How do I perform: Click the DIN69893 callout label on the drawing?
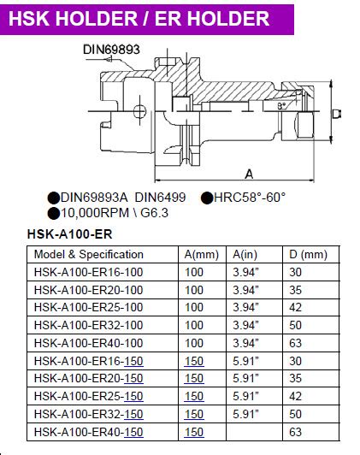click(111, 50)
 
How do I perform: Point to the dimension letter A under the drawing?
click(249, 174)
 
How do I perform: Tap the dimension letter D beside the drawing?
click(337, 114)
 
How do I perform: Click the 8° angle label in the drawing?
click(281, 106)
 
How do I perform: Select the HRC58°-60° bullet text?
click(250, 198)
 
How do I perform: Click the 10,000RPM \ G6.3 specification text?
click(115, 213)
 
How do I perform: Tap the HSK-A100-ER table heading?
click(69, 234)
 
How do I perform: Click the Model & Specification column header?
click(89, 255)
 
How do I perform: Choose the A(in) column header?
click(245, 255)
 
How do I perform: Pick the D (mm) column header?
click(308, 255)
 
